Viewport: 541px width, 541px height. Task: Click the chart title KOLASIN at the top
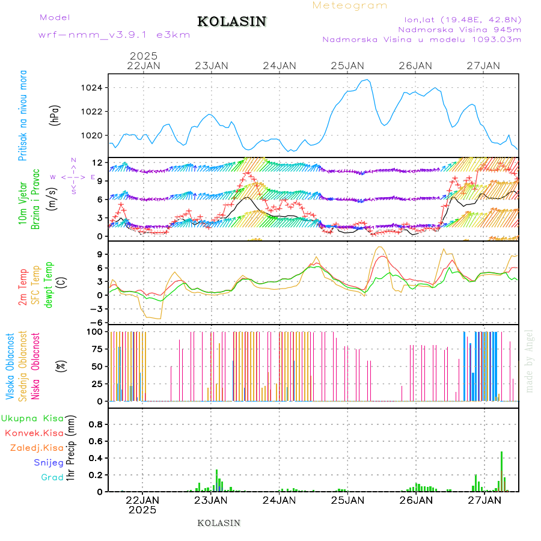tap(231, 22)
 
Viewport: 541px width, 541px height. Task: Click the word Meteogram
tap(350, 5)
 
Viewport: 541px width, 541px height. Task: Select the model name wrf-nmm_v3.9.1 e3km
tap(114, 35)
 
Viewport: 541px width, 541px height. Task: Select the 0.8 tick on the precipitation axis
tap(96, 424)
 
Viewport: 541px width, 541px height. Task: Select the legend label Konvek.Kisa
tap(34, 433)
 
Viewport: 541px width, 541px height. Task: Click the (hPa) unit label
tap(54, 115)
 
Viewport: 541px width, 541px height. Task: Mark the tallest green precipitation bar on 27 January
tap(501, 471)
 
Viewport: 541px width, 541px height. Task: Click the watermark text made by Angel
tap(529, 361)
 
